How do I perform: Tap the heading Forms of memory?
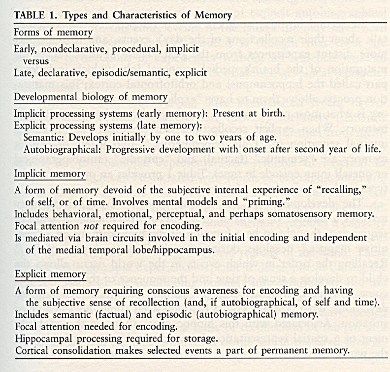(53, 33)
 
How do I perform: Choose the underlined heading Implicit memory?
(50, 174)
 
